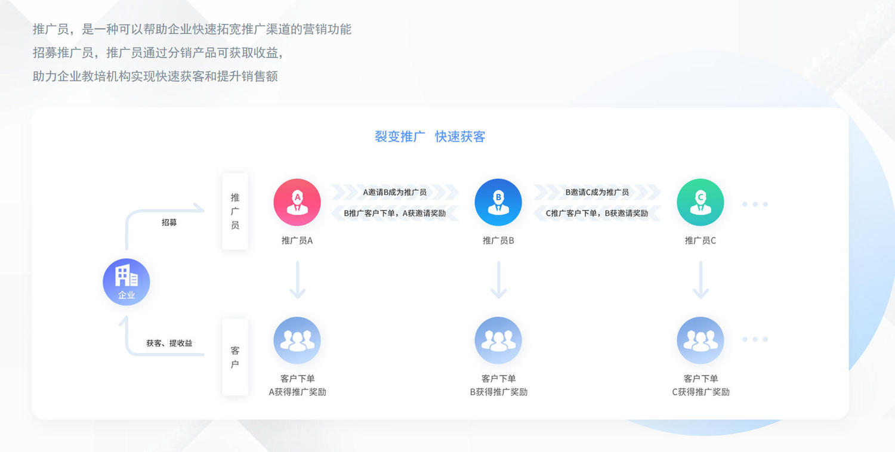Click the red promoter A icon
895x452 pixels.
[x=297, y=202]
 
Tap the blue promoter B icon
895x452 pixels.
[x=498, y=202]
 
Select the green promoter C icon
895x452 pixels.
[x=700, y=202]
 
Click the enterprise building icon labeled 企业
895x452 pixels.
[x=126, y=282]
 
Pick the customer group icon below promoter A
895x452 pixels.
[x=297, y=340]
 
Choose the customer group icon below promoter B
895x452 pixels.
[x=498, y=340]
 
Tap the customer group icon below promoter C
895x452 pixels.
[x=700, y=340]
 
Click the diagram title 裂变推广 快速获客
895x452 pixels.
[x=430, y=137]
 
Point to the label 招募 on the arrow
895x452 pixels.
[x=169, y=222]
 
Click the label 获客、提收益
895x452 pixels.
[x=169, y=343]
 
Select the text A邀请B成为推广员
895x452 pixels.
[x=394, y=192]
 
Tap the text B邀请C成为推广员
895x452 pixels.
[x=597, y=192]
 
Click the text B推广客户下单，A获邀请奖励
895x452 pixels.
[x=395, y=213]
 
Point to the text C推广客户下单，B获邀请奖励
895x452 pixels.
[x=597, y=213]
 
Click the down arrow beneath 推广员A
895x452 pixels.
[x=297, y=280]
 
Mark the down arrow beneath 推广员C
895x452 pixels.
[x=701, y=280]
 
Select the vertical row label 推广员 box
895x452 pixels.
[x=235, y=211]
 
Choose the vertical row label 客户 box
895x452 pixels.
[x=235, y=357]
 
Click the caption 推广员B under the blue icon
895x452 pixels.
[x=498, y=240]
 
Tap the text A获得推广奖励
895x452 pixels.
[x=297, y=392]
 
